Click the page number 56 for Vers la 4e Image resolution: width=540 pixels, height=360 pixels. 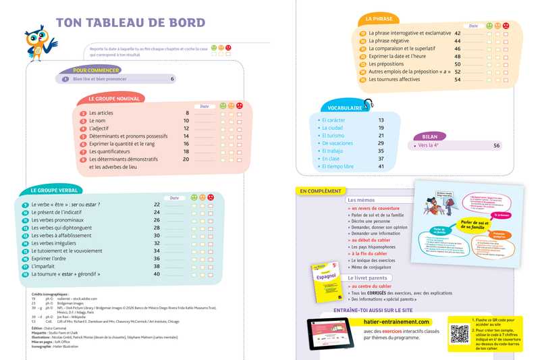(x=497, y=146)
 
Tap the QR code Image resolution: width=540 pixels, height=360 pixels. (x=460, y=334)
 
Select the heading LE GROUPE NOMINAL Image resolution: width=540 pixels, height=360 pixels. (x=114, y=99)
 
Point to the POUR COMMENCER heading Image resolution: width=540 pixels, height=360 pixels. (x=96, y=70)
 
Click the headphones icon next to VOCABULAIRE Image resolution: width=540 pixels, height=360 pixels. (x=369, y=104)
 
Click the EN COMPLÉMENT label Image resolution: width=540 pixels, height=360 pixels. (x=321, y=191)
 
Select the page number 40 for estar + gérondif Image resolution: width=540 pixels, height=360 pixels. (x=157, y=274)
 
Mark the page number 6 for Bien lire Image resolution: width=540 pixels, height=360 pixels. (x=172, y=79)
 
